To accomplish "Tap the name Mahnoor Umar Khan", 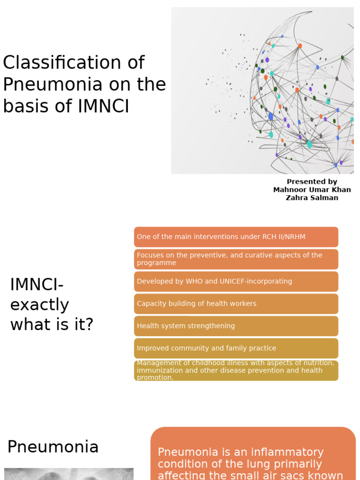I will click(x=312, y=190).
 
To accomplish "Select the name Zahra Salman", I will click(x=312, y=198).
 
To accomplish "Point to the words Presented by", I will click(x=312, y=182).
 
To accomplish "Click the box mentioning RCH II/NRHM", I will click(x=236, y=237).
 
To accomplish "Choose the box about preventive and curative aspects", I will click(x=236, y=259).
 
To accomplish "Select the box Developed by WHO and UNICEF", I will click(x=236, y=282).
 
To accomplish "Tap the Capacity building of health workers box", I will click(x=236, y=304).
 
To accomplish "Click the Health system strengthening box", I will click(x=236, y=326).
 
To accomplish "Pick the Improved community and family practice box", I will click(x=236, y=348).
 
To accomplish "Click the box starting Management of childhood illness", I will click(x=236, y=370).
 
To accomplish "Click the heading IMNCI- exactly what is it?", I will click(x=52, y=304).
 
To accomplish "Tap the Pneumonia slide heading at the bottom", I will click(x=53, y=447).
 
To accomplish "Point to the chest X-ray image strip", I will click(x=68, y=474).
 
